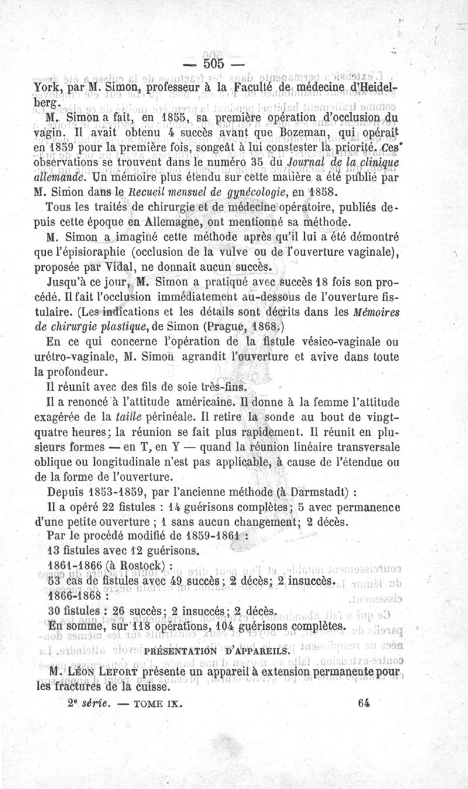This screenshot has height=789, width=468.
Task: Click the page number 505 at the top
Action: coord(212,63)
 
